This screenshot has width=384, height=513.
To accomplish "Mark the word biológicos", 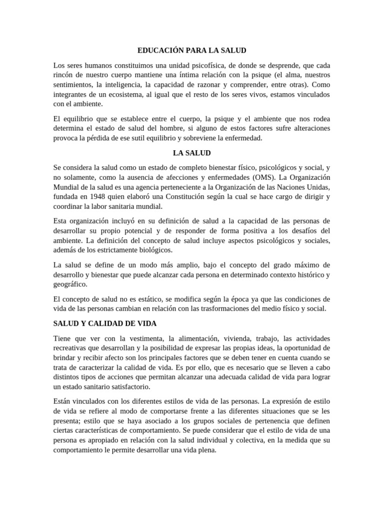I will pos(149,249).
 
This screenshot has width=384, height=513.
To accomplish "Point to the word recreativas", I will pos(72,348).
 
